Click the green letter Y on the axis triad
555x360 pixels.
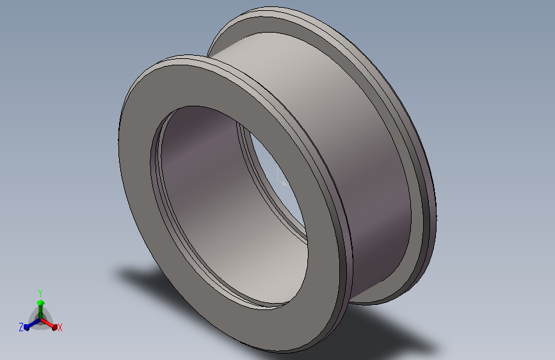40,293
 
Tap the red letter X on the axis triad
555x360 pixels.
60,327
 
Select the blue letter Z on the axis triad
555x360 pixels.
21,327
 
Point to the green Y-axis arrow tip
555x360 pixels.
40,302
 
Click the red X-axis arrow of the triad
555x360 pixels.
49,324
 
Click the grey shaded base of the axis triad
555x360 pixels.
40,321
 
